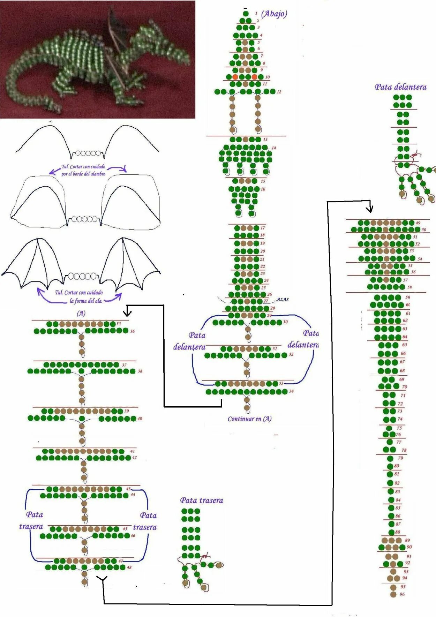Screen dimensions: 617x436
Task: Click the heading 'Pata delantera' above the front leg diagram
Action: pyautogui.click(x=400, y=87)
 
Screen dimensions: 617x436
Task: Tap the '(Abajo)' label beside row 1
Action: pyautogui.click(x=274, y=14)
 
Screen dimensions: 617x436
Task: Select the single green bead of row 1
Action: pyautogui.click(x=246, y=14)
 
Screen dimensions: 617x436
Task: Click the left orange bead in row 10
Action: pyautogui.click(x=235, y=77)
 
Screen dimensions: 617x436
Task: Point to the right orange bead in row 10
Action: pyautogui.click(x=254, y=77)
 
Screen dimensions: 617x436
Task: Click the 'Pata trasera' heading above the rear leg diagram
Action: pyautogui.click(x=202, y=501)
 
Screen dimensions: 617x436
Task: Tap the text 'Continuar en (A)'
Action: pyautogui.click(x=249, y=419)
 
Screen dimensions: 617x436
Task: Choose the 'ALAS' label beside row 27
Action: pyautogui.click(x=283, y=299)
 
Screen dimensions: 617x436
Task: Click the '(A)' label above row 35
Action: pyautogui.click(x=81, y=313)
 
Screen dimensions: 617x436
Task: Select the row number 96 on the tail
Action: pyautogui.click(x=402, y=594)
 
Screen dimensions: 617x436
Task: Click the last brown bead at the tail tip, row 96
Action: pyautogui.click(x=393, y=594)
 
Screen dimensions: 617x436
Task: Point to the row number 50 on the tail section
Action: pyautogui.click(x=424, y=230)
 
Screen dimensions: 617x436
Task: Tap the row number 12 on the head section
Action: pyautogui.click(x=279, y=92)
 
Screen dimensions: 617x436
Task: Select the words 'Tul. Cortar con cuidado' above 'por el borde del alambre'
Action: pyautogui.click(x=83, y=167)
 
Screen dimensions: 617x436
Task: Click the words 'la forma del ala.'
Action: pyautogui.click(x=86, y=301)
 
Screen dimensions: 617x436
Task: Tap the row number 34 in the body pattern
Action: pyautogui.click(x=291, y=391)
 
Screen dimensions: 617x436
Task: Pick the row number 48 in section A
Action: pyautogui.click(x=129, y=567)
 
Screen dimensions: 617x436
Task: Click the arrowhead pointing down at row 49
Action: pyautogui.click(x=370, y=209)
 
